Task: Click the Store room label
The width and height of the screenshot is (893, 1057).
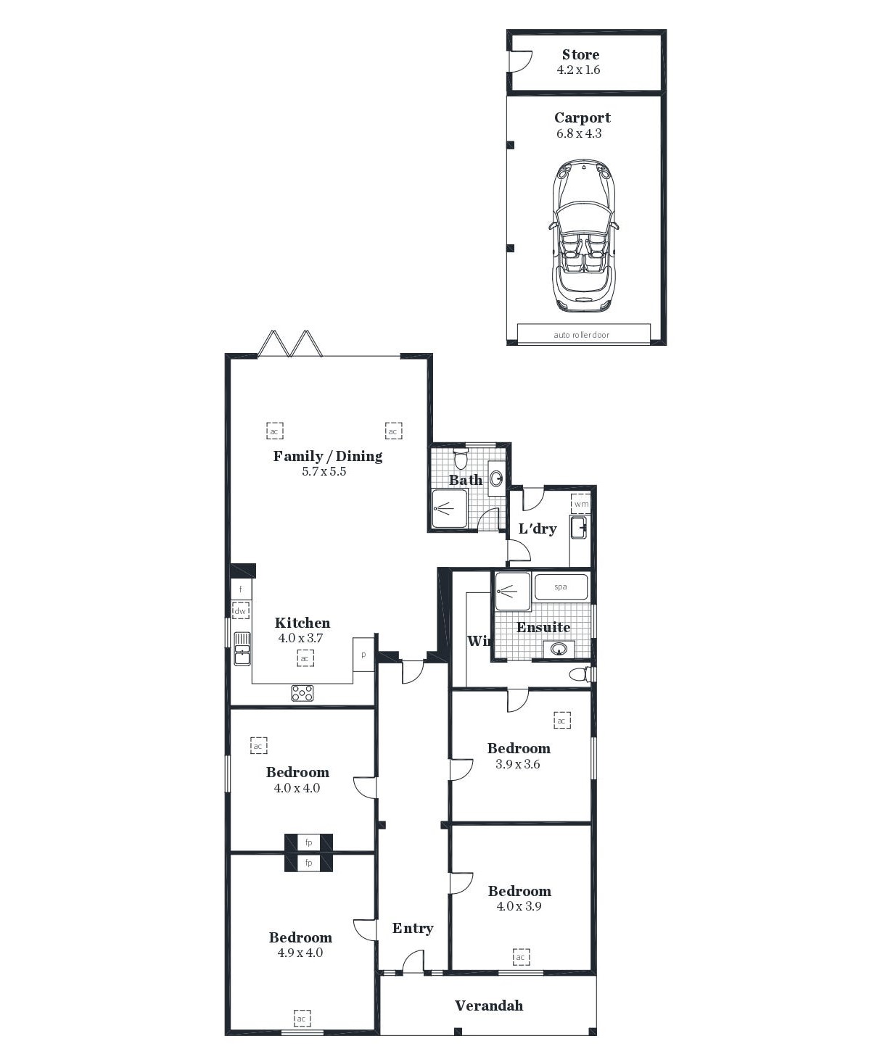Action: [580, 54]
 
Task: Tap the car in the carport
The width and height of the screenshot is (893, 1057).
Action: [584, 236]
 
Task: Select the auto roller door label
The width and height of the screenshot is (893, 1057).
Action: [582, 335]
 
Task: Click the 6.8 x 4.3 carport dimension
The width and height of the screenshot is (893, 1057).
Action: [579, 133]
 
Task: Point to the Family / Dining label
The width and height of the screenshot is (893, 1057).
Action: [328, 456]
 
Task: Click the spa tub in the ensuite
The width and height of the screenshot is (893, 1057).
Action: [561, 586]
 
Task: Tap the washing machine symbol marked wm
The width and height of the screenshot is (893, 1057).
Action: [581, 504]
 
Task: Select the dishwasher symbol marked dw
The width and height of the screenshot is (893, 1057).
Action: [240, 611]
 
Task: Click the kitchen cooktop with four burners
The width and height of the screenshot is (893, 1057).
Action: [303, 693]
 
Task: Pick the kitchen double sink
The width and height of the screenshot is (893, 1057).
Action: [242, 649]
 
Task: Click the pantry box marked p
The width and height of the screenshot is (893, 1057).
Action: [363, 655]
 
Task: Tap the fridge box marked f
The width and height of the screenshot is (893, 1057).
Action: [241, 589]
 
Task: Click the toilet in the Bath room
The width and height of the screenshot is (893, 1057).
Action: [461, 458]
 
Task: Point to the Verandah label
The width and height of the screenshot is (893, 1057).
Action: [489, 1006]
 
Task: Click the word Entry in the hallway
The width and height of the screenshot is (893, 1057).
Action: [413, 928]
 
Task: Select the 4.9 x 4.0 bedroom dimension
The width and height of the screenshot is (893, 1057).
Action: [300, 952]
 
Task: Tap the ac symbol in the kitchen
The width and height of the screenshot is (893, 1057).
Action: [305, 658]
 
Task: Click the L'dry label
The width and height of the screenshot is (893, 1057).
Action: [538, 528]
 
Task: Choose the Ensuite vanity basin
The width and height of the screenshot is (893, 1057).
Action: [559, 648]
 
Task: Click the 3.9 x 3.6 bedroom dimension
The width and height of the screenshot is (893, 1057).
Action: [518, 764]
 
